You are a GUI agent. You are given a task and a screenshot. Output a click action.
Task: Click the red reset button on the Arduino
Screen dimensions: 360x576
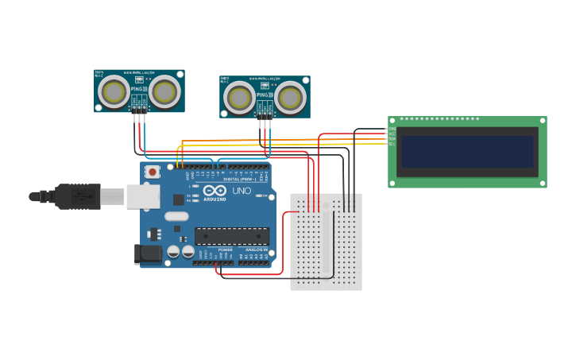pyautogui.click(x=152, y=172)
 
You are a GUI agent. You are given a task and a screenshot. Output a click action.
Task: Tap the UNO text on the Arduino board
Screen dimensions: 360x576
pyautogui.click(x=242, y=191)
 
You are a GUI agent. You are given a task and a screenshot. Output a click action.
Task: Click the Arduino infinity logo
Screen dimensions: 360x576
pyautogui.click(x=215, y=191)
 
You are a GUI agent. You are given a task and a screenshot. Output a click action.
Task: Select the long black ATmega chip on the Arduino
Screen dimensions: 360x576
pyautogui.click(x=232, y=236)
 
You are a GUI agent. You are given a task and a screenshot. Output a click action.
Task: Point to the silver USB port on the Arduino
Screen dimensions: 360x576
pyautogui.click(x=142, y=196)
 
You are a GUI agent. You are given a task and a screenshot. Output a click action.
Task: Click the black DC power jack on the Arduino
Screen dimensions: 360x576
pyautogui.click(x=148, y=254)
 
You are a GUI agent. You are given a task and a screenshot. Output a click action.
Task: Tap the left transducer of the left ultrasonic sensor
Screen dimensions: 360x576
pyautogui.click(x=114, y=92)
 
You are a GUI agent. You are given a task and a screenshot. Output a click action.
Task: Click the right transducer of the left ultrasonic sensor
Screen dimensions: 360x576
pyautogui.click(x=165, y=92)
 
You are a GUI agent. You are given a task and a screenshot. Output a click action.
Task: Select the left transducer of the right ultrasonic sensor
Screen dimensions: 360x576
pyautogui.click(x=239, y=99)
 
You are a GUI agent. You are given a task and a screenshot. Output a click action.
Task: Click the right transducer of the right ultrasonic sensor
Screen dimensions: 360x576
pyautogui.click(x=291, y=99)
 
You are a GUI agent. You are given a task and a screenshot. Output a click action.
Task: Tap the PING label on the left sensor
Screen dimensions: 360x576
pyautogui.click(x=137, y=89)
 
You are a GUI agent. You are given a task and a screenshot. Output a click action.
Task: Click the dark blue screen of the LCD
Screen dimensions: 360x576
pyautogui.click(x=467, y=152)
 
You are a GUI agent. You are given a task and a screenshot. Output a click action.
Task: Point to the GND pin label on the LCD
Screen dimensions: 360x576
pyautogui.click(x=392, y=129)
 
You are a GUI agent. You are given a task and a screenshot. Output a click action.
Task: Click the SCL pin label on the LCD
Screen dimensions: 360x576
pyautogui.click(x=392, y=144)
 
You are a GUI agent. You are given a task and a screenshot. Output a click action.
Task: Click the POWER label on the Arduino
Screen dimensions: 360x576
pyautogui.click(x=225, y=250)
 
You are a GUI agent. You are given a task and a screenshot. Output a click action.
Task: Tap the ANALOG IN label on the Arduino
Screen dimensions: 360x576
pyautogui.click(x=254, y=250)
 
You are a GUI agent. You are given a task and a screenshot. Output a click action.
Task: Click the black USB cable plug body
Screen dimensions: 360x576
pyautogui.click(x=78, y=196)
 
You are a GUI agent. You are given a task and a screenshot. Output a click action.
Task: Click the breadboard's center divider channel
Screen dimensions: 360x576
pyautogui.click(x=326, y=242)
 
